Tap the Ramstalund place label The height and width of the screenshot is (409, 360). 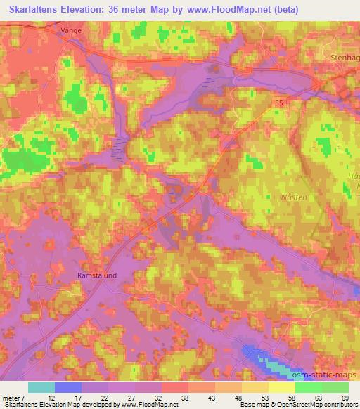click(96, 276)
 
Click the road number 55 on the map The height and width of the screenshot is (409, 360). click(280, 103)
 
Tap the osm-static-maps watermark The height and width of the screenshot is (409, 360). click(323, 376)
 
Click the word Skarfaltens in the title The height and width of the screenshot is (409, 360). click(35, 9)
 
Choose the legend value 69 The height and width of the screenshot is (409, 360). click(344, 398)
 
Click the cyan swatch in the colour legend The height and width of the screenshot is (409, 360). click(41, 387)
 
